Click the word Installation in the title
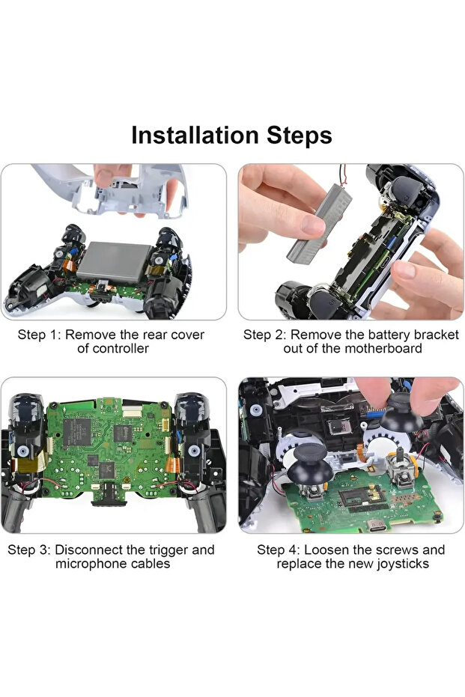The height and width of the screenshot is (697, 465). pyautogui.click(x=195, y=135)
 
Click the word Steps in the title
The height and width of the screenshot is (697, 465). pyautogui.click(x=300, y=136)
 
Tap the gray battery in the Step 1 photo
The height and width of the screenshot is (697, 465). pyautogui.click(x=114, y=262)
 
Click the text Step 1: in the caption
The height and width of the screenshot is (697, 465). pyautogui.click(x=39, y=335)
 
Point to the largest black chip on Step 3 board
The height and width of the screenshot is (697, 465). pyautogui.click(x=76, y=432)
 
